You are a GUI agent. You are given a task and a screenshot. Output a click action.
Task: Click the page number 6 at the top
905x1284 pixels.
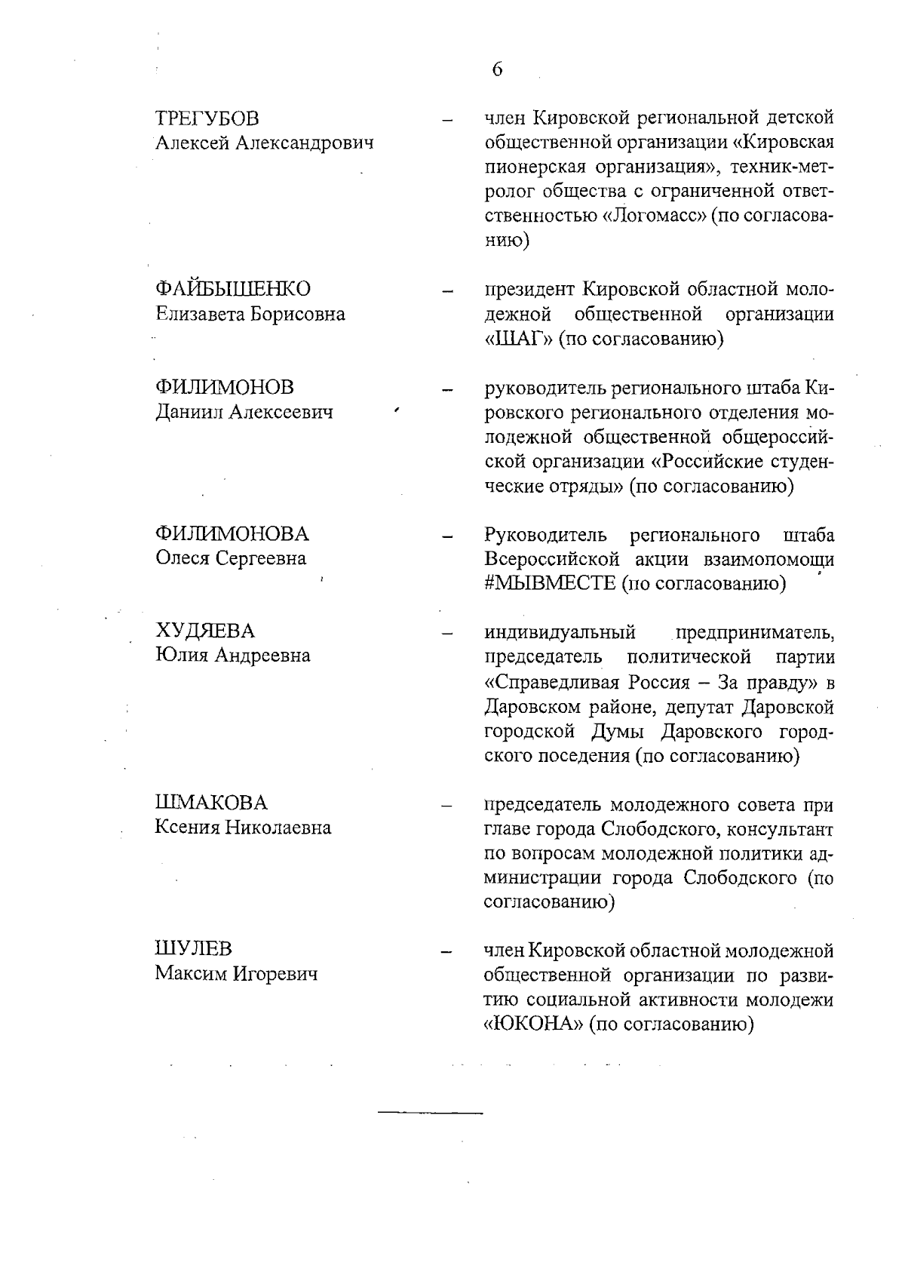click(x=497, y=70)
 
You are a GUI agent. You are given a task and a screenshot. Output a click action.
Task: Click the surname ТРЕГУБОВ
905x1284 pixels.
click(x=207, y=118)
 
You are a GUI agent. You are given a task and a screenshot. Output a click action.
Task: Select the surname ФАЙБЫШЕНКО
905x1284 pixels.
click(x=232, y=289)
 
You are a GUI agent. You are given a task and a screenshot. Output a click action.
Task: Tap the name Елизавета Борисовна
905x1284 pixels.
click(x=250, y=314)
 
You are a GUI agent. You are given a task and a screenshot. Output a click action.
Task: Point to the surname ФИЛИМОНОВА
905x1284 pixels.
click(x=232, y=534)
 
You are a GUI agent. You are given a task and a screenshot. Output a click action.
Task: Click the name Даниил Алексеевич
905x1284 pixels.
click(x=244, y=412)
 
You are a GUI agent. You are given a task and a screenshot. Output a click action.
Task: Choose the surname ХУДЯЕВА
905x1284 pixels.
click(x=205, y=631)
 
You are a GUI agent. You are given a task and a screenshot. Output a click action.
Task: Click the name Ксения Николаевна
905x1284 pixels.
click(x=243, y=828)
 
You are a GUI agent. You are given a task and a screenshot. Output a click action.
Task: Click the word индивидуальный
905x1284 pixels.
click(x=559, y=631)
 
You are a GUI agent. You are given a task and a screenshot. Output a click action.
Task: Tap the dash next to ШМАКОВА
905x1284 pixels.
click(x=447, y=806)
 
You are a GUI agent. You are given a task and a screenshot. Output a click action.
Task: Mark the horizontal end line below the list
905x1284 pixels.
click(x=430, y=1113)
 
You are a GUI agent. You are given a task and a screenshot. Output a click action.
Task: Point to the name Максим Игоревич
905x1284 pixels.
click(x=236, y=974)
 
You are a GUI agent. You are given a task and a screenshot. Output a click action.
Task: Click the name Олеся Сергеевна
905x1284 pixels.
click(x=231, y=558)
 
